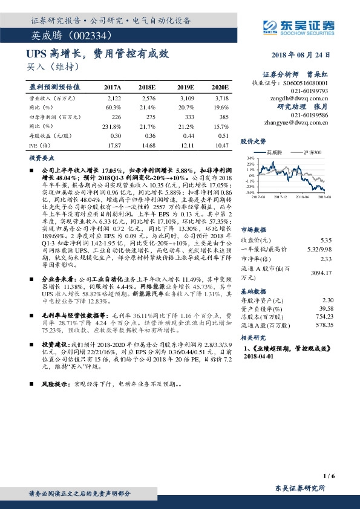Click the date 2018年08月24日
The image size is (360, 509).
(300, 54)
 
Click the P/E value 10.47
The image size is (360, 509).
(221, 146)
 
